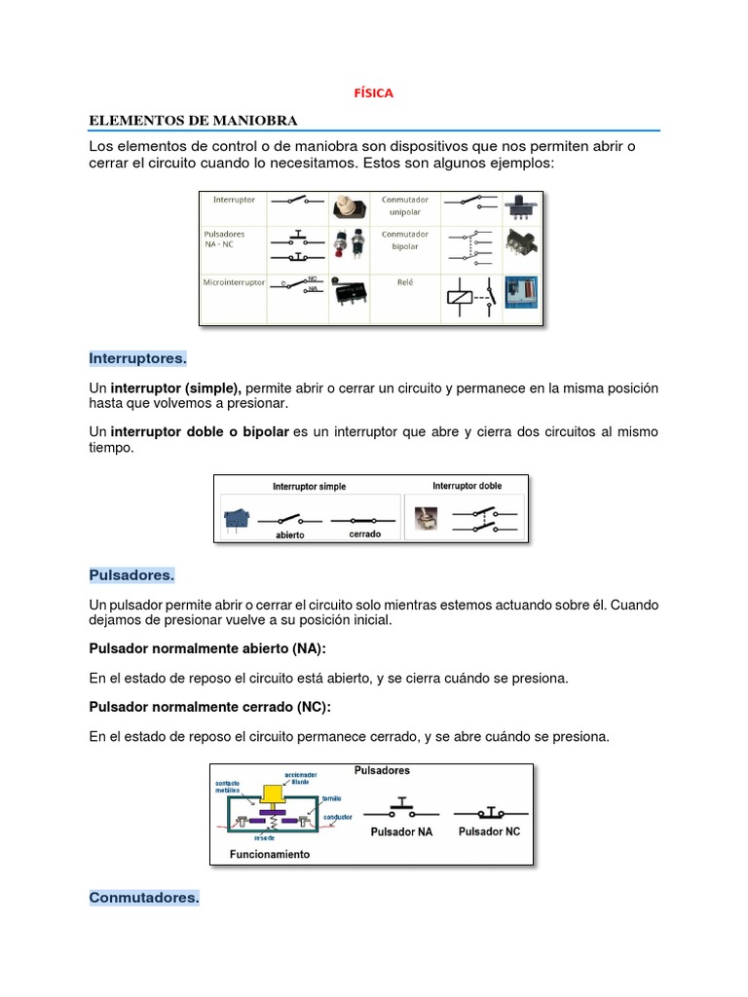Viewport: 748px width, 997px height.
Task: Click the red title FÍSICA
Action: (x=373, y=93)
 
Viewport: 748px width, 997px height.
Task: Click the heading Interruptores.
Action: (x=137, y=358)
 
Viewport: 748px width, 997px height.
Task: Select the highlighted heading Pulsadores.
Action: (x=131, y=575)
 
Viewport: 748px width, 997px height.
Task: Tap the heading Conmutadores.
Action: (x=144, y=898)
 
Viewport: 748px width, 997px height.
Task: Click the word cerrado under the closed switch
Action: (x=364, y=535)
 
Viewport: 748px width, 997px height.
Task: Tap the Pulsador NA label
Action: (x=401, y=832)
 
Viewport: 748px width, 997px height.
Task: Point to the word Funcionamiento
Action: (x=269, y=854)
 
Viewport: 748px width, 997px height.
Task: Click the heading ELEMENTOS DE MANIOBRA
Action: (x=193, y=120)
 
